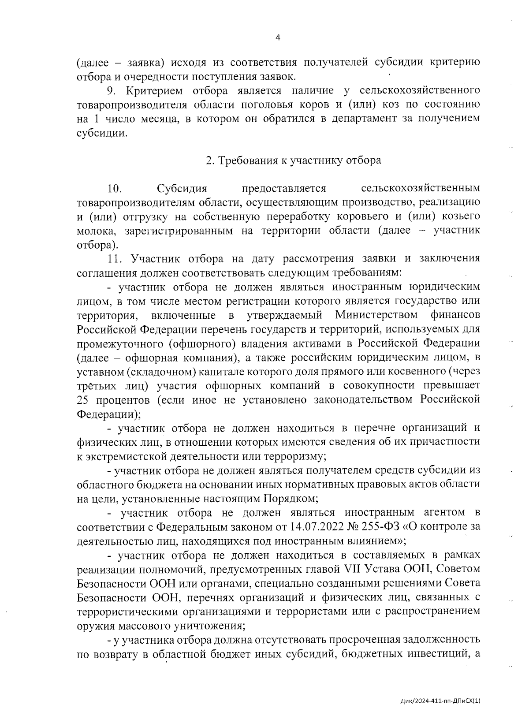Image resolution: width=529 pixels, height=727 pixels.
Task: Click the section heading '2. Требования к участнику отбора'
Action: [294, 160]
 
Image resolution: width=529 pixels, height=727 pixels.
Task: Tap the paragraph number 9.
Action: [110, 91]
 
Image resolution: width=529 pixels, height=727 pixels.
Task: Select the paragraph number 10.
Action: [114, 189]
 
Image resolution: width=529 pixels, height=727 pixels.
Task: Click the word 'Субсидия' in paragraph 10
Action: [182, 189]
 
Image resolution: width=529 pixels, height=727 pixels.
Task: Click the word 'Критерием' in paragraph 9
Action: [154, 91]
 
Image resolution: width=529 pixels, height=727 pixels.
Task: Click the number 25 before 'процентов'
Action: [83, 400]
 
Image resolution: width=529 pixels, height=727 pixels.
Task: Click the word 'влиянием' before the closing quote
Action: [372, 541]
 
